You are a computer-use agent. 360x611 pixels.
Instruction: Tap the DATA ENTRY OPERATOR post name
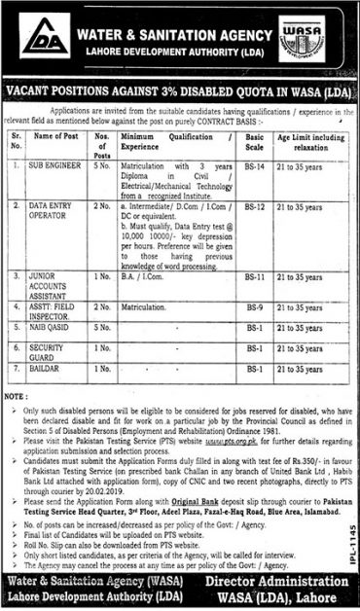coord(57,212)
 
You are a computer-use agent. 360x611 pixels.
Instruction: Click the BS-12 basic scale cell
coord(255,207)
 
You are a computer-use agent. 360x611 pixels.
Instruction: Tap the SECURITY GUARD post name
coord(54,351)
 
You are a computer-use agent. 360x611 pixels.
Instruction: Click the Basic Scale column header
coord(255,143)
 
